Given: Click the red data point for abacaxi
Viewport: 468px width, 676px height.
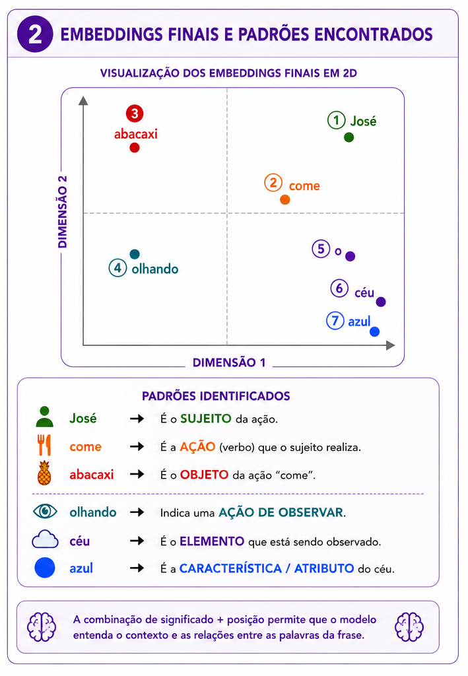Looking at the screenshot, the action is (135, 148).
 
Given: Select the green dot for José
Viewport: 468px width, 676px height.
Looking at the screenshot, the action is (349, 137).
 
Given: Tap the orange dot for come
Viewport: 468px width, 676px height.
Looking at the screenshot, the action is (285, 199).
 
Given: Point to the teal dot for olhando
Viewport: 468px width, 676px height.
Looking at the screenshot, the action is (135, 254).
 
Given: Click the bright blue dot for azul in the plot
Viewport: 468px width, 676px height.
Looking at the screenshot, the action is (374, 331).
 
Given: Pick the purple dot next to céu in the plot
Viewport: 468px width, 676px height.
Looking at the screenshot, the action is (380, 302).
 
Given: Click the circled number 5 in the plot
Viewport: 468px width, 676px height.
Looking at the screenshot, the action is (321, 249).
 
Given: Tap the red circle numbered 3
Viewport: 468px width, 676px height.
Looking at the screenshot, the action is (135, 114).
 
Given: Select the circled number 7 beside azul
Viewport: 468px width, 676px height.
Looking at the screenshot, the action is (335, 320).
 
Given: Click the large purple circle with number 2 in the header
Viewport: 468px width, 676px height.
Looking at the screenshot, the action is (35, 34).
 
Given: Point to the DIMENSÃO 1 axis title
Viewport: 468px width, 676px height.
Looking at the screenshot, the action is (229, 362).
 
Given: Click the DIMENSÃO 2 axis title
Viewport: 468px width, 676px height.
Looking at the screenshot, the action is (63, 212).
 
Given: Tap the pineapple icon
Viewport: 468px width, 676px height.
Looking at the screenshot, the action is (44, 473).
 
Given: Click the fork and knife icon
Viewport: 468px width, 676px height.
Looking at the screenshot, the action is (44, 445).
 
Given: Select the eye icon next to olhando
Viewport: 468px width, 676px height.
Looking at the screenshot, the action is (45, 512).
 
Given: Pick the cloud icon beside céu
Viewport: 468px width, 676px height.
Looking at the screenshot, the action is (45, 539).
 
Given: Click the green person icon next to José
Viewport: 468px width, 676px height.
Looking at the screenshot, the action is (44, 417).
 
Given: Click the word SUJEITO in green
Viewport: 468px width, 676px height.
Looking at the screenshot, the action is (205, 419).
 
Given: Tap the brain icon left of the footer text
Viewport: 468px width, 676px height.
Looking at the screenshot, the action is (42, 627).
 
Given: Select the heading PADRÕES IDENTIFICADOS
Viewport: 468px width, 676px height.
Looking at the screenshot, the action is (216, 396).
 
